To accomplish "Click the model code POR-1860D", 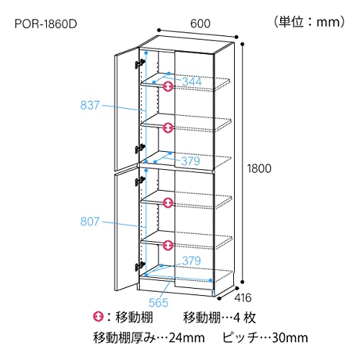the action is pyautogui.click(x=45, y=24).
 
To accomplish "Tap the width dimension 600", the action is pyautogui.click(x=200, y=24).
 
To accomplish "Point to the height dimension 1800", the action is pyautogui.click(x=259, y=168).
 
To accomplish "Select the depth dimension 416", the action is pyautogui.click(x=243, y=297).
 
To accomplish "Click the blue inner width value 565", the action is pyautogui.click(x=158, y=302).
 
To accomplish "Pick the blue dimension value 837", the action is pyautogui.click(x=90, y=105).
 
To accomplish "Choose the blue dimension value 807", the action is pyautogui.click(x=90, y=221).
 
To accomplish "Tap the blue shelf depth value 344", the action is pyautogui.click(x=192, y=81).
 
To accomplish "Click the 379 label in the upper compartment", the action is pyautogui.click(x=191, y=161).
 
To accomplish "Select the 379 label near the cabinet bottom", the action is pyautogui.click(x=192, y=261).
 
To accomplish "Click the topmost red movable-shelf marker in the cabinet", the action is pyautogui.click(x=168, y=86).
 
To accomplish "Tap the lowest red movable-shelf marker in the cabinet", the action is pyautogui.click(x=168, y=246).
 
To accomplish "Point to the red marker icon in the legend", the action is pyautogui.click(x=98, y=317).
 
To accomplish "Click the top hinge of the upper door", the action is pyautogui.click(x=140, y=63).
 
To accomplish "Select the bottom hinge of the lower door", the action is pyautogui.click(x=140, y=266).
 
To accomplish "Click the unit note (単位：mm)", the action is pyautogui.click(x=310, y=22).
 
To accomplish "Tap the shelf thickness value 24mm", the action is pyautogui.click(x=186, y=338).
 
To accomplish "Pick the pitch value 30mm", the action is pyautogui.click(x=290, y=338).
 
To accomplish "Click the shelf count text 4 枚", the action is pyautogui.click(x=244, y=318).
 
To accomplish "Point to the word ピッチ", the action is pyautogui.click(x=240, y=338).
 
